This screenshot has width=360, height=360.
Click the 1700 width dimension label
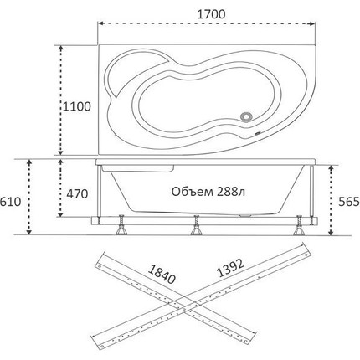point(211,14)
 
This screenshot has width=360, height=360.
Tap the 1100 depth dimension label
point(76,106)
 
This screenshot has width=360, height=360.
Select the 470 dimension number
point(77,194)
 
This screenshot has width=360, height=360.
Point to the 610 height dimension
point(10,201)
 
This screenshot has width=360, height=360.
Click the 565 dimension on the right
point(349,202)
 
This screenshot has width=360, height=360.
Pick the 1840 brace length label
point(162,274)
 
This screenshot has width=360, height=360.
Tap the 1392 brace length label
point(230,268)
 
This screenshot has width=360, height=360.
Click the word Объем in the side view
point(192,192)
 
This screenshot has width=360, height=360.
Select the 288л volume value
point(230,192)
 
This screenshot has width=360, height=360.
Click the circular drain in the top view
point(247,116)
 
